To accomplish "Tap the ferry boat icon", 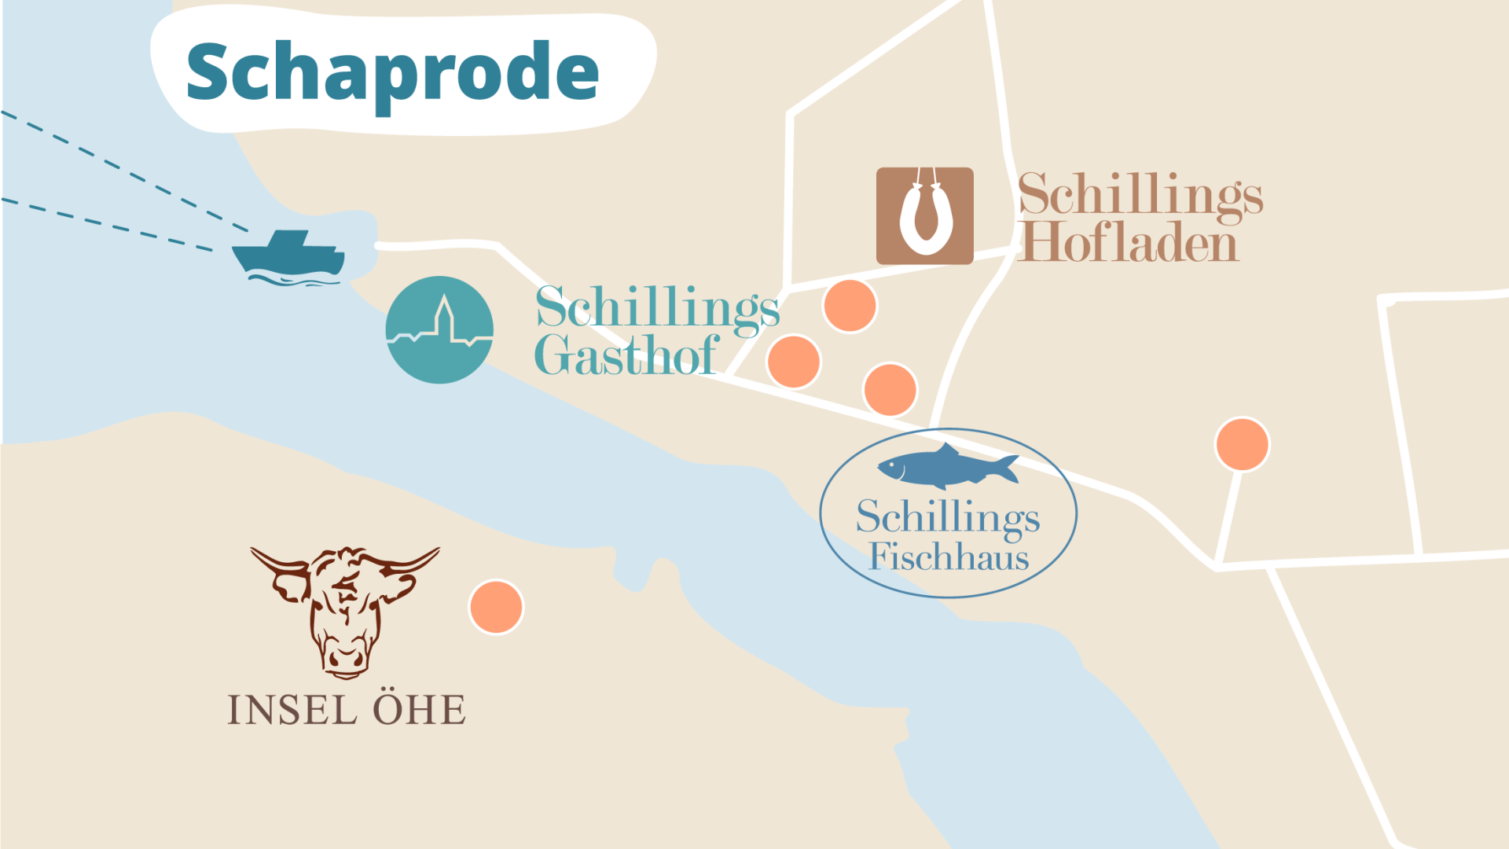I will tap(288, 255).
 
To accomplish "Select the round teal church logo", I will tap(439, 330).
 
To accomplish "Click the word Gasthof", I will tap(626, 356).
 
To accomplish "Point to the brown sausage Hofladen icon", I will tap(924, 215).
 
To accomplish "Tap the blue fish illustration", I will tap(947, 465).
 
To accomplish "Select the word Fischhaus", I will tap(949, 557).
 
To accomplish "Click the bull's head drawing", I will tap(344, 609).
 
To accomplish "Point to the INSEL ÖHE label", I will tap(346, 710).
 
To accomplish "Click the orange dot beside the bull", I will tap(496, 607).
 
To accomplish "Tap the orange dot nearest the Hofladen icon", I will tap(850, 305).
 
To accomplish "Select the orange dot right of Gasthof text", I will tap(794, 362).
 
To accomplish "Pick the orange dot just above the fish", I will tap(890, 389).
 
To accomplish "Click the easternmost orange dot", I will tap(1242, 444).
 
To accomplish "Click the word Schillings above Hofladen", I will tap(1140, 195).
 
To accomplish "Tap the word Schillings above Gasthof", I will tap(658, 308).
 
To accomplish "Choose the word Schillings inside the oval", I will tap(948, 517).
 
